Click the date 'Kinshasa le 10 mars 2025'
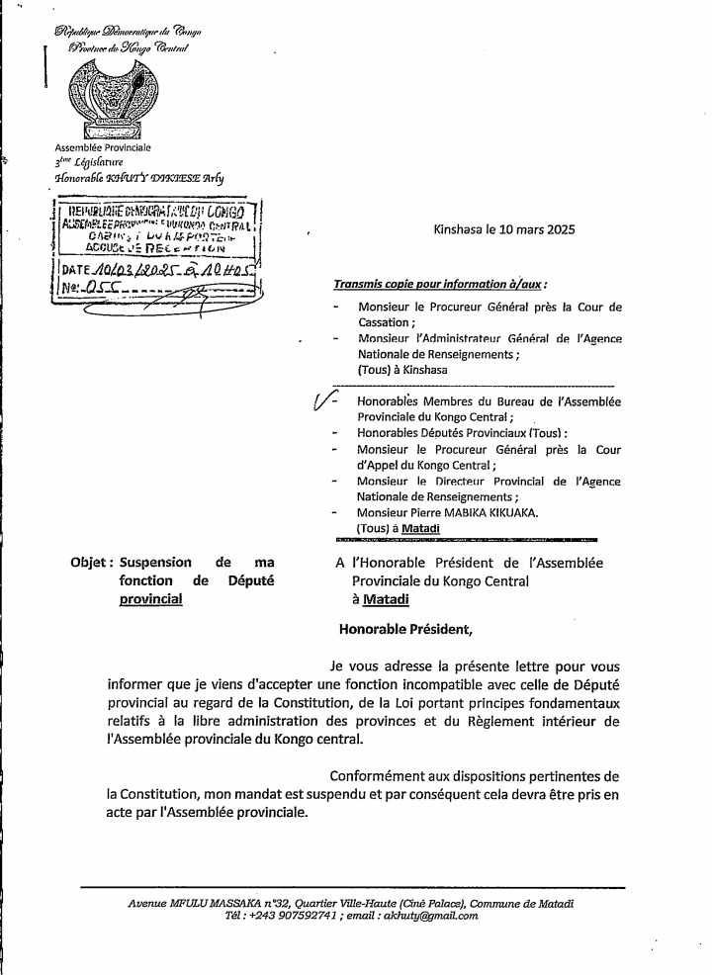[503, 229]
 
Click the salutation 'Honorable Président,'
[405, 627]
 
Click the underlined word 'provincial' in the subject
[151, 598]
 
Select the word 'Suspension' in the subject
[156, 563]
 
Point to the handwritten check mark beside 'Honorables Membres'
[321, 400]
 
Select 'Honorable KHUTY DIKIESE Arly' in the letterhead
[138, 178]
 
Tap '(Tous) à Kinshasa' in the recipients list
[402, 370]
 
